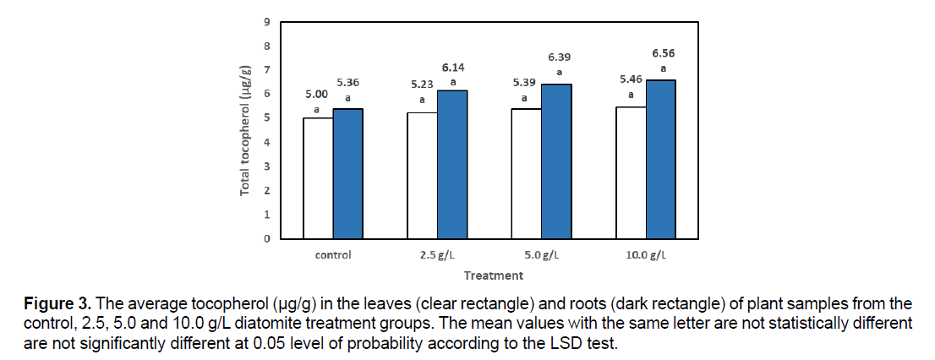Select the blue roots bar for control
[x=347, y=173]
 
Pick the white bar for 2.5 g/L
[x=422, y=175]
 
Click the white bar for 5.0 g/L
[x=527, y=173]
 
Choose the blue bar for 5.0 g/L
[x=556, y=161]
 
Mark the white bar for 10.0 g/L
[x=631, y=172]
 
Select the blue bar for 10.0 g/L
[x=661, y=159]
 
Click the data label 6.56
[x=663, y=53]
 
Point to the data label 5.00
[x=317, y=95]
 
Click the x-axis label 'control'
[x=332, y=254]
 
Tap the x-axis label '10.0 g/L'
[x=645, y=254]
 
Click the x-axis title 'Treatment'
[x=493, y=275]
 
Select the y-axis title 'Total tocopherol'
[x=245, y=130]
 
